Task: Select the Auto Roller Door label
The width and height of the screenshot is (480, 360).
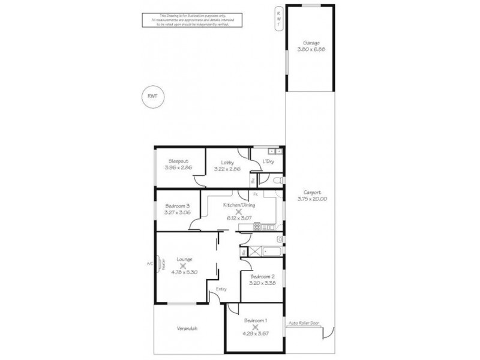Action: point(304,322)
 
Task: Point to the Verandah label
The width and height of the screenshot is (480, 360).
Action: point(187,329)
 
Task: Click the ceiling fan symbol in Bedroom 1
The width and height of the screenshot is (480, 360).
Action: point(256,328)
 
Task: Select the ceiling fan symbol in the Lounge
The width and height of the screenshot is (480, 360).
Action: point(184,265)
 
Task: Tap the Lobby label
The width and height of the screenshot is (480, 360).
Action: point(227,162)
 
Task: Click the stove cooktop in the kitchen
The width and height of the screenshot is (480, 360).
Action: point(264,226)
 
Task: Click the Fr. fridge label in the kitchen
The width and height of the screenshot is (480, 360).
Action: point(256,194)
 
